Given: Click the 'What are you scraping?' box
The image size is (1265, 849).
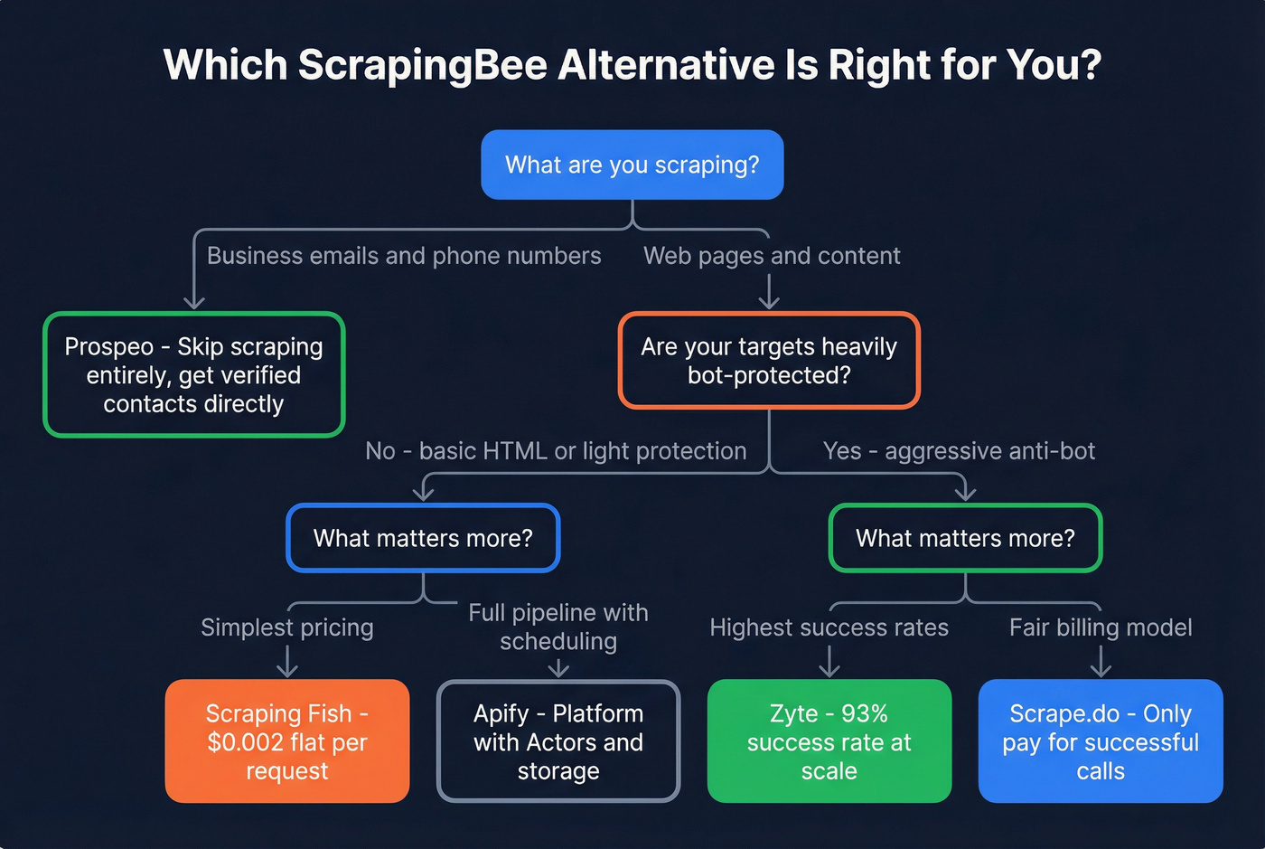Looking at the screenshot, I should [632, 165].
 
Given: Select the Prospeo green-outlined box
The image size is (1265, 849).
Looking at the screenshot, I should [193, 375].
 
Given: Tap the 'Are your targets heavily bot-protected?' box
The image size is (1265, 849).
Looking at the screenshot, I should [768, 361].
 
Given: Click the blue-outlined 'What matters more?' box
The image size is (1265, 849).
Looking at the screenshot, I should [423, 538].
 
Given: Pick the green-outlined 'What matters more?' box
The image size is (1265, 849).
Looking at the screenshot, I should [965, 538].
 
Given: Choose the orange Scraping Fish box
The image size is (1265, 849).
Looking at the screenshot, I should [286, 741].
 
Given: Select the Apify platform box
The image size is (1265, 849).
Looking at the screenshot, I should [558, 741].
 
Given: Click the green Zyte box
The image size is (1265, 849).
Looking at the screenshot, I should [829, 741].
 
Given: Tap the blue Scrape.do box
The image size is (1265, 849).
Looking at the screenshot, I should [1100, 741].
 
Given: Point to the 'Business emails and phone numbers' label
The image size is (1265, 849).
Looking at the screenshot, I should [404, 256].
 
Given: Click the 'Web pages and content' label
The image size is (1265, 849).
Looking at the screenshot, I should [772, 256].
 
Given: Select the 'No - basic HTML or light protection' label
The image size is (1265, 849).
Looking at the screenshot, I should [556, 451].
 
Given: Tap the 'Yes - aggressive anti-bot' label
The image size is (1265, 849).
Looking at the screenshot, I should [959, 451].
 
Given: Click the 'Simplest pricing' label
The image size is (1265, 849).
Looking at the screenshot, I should [286, 627].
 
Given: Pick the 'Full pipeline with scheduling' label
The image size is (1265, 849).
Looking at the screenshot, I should [558, 627].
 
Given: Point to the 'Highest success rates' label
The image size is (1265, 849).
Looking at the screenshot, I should [829, 627].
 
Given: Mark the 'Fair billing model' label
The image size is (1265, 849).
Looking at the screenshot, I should [1100, 627].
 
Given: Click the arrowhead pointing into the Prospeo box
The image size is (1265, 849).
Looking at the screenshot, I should [193, 303].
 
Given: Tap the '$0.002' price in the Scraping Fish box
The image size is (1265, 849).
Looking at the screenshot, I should [239, 742].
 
